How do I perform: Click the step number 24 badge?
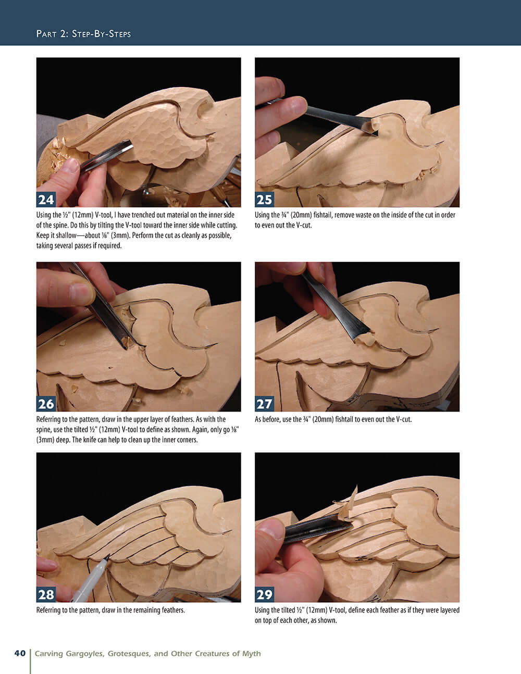click(x=46, y=200)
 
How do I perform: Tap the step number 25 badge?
click(x=264, y=200)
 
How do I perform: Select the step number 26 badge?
click(x=46, y=404)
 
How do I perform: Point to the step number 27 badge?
click(x=264, y=404)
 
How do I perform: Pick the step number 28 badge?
click(x=46, y=595)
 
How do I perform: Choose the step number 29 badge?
click(x=264, y=595)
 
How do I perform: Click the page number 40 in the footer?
click(x=20, y=653)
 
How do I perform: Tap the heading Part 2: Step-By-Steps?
click(x=83, y=34)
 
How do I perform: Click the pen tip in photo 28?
click(x=106, y=559)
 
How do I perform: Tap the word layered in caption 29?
click(x=448, y=610)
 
